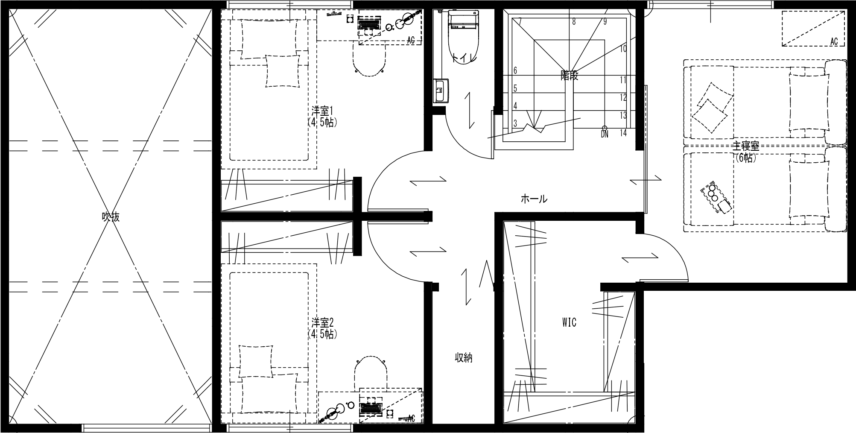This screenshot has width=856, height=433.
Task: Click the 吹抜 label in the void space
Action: coord(111,217)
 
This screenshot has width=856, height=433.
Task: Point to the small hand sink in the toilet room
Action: coord(440,90)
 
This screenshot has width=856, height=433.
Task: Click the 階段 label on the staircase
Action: coord(570,76)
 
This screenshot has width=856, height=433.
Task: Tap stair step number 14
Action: coord(623,133)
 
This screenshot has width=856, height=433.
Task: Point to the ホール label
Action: coord(534,199)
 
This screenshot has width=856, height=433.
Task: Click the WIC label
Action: coord(569,322)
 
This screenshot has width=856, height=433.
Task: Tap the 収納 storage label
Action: coord(463,358)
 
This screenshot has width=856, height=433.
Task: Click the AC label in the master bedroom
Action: coord(834,42)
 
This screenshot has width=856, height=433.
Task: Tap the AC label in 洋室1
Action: coord(411,41)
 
